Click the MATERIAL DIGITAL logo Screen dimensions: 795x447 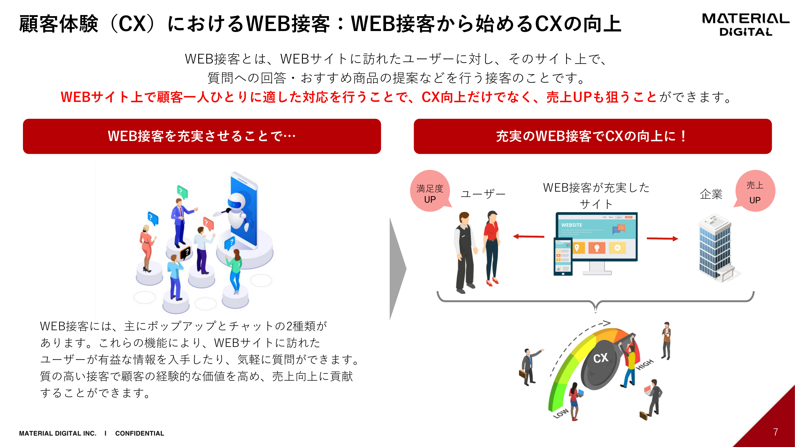[745, 25]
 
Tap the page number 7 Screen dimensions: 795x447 [775, 432]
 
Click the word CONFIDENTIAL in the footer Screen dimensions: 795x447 [140, 433]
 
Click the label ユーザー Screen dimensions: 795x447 [483, 194]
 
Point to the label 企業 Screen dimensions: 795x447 [711, 194]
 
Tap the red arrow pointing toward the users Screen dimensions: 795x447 [528, 237]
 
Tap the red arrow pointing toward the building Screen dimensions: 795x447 [662, 238]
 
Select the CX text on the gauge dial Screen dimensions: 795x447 [601, 358]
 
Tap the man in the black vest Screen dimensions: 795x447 [465, 252]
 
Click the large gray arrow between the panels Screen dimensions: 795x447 [398, 268]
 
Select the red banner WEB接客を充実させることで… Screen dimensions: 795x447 [202, 136]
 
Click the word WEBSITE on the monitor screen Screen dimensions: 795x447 [571, 225]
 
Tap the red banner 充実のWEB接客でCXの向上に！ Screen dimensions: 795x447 [593, 136]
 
